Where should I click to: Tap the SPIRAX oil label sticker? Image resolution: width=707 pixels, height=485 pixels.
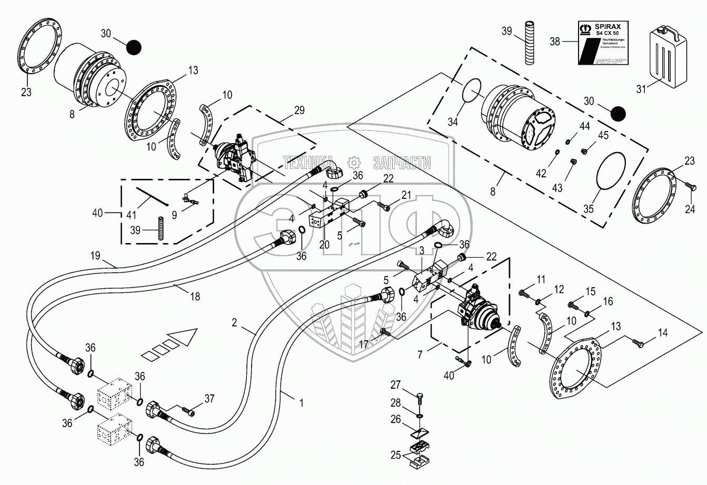(603, 43)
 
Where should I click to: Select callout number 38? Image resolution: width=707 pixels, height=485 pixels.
(555, 41)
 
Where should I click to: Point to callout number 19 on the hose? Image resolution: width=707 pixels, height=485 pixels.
(95, 256)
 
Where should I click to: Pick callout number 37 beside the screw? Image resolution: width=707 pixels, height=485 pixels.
(210, 398)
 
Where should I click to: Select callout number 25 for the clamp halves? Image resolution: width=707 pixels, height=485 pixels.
(395, 454)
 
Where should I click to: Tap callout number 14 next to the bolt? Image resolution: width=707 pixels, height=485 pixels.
(662, 333)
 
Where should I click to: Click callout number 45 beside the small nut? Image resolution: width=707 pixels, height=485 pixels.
(603, 136)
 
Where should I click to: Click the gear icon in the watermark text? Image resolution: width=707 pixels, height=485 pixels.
(353, 162)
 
